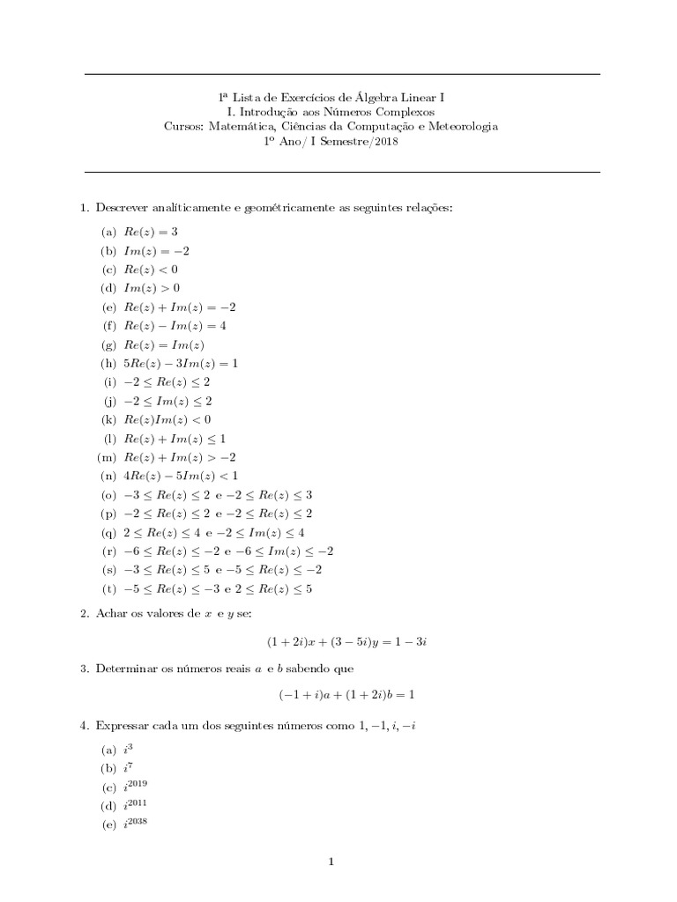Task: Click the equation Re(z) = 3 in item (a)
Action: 150,232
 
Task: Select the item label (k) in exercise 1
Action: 109,420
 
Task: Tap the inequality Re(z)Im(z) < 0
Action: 167,420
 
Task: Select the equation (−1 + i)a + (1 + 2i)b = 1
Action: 347,695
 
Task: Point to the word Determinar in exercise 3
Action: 126,669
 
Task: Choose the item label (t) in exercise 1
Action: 109,588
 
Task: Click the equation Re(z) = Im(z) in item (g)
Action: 165,344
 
